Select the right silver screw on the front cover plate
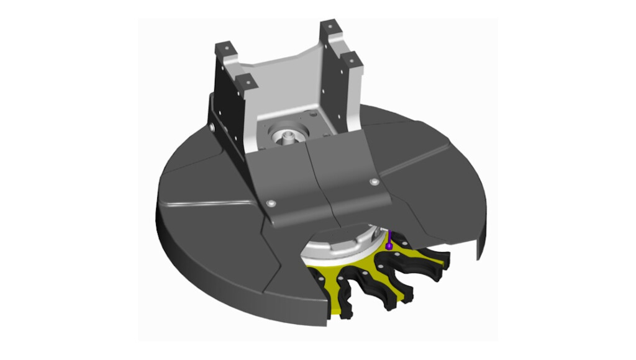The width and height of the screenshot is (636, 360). (x=373, y=182)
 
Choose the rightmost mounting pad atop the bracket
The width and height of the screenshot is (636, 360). (x=351, y=60)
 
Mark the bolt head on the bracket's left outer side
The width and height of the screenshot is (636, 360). (x=213, y=127)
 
